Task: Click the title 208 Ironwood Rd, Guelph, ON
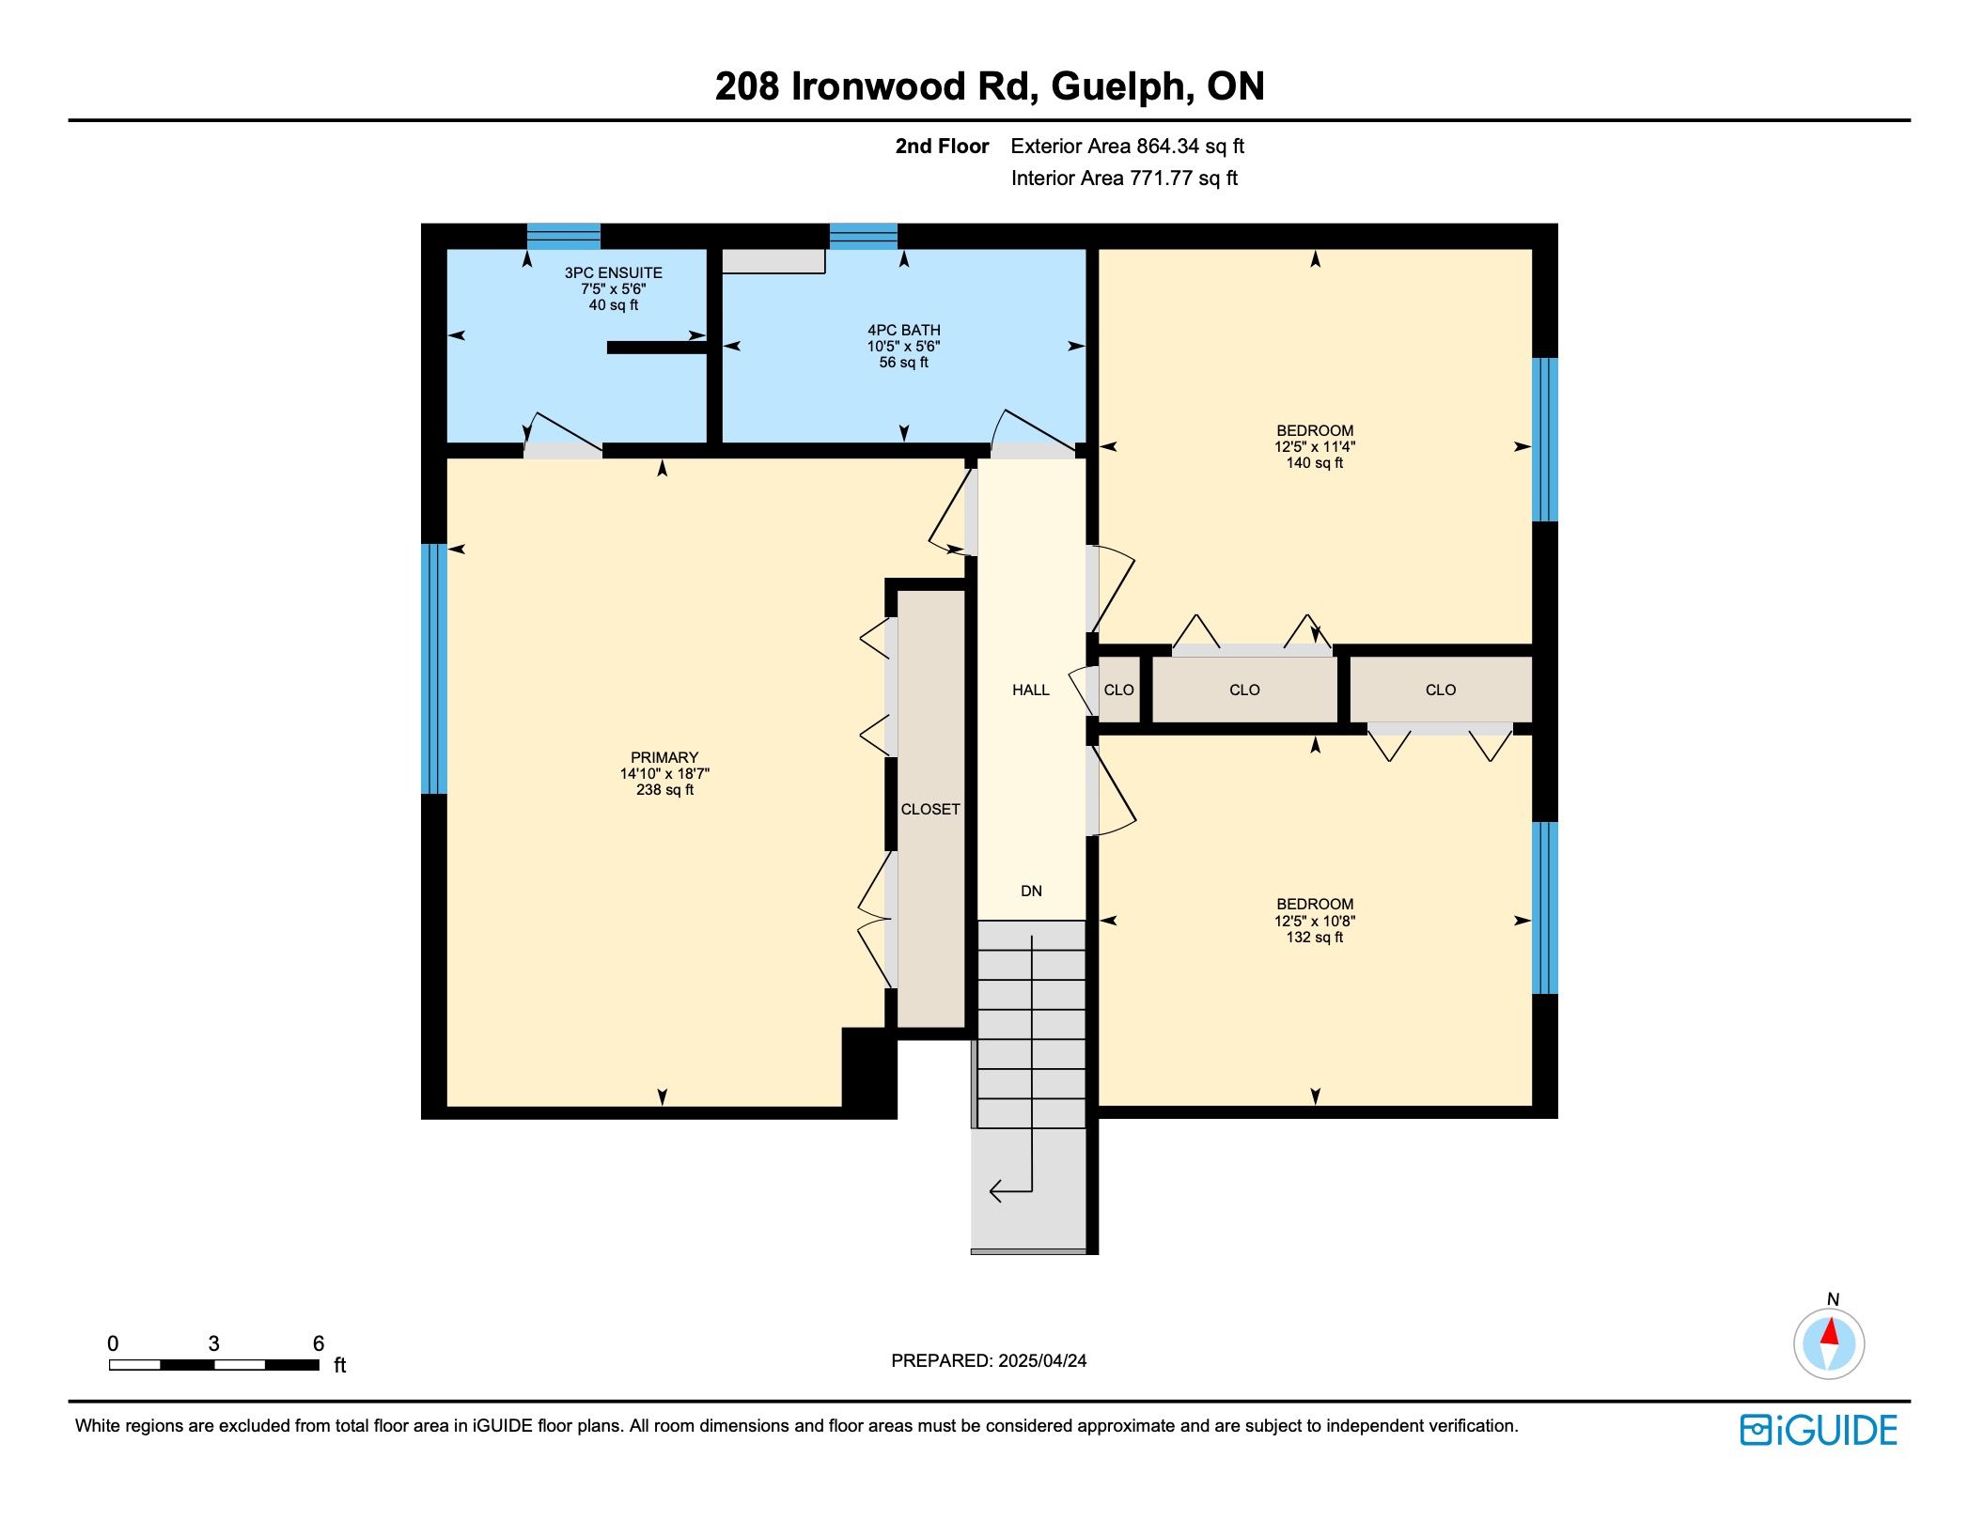[x=989, y=86]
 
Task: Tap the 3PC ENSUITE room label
[x=613, y=273]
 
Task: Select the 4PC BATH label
[x=903, y=331]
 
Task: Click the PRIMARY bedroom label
[x=664, y=758]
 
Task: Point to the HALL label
[x=1030, y=690]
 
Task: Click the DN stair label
[x=1031, y=892]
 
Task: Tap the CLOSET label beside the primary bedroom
[x=930, y=810]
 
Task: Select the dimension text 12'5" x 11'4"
[x=1315, y=447]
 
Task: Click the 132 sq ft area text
[x=1315, y=938]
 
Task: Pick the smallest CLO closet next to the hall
[x=1118, y=690]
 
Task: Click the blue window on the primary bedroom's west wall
[x=433, y=669]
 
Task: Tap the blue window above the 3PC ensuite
[x=563, y=236]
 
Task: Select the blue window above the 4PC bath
[x=863, y=236]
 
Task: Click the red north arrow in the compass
[x=1829, y=1332]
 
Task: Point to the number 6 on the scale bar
[x=319, y=1343]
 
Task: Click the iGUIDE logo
[x=1819, y=1430]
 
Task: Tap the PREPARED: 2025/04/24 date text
[x=989, y=1361]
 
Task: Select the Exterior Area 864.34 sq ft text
[x=1127, y=147]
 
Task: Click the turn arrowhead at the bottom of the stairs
[x=996, y=1192]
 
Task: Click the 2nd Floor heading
[x=942, y=147]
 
